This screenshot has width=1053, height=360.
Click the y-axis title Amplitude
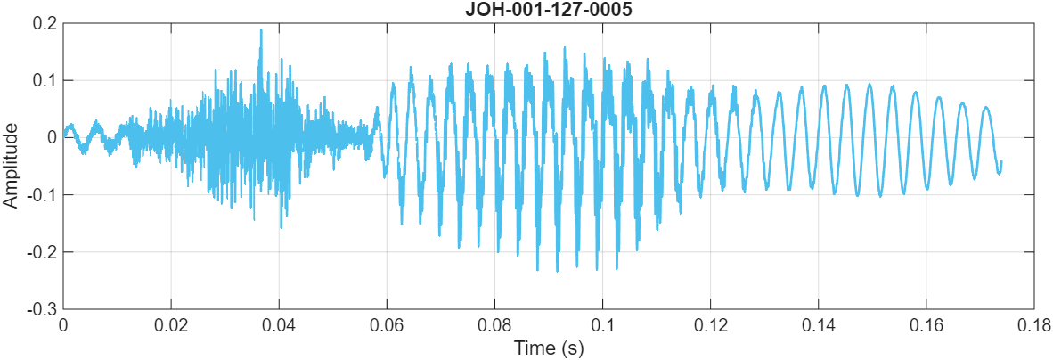(11, 166)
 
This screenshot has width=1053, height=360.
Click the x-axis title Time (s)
(548, 348)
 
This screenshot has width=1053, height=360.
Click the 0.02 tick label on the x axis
(171, 325)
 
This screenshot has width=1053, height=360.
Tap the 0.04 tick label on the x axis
(279, 325)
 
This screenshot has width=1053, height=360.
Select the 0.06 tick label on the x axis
(387, 325)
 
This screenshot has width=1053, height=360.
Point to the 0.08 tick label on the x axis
(494, 325)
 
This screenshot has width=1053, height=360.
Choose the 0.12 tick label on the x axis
(710, 325)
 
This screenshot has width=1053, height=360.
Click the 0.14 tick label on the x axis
(818, 325)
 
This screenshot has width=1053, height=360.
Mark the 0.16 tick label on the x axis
(926, 325)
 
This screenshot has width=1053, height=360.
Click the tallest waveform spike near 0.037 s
(261, 30)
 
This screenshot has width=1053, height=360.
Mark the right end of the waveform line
(1001, 162)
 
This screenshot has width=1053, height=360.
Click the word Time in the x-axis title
(532, 348)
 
